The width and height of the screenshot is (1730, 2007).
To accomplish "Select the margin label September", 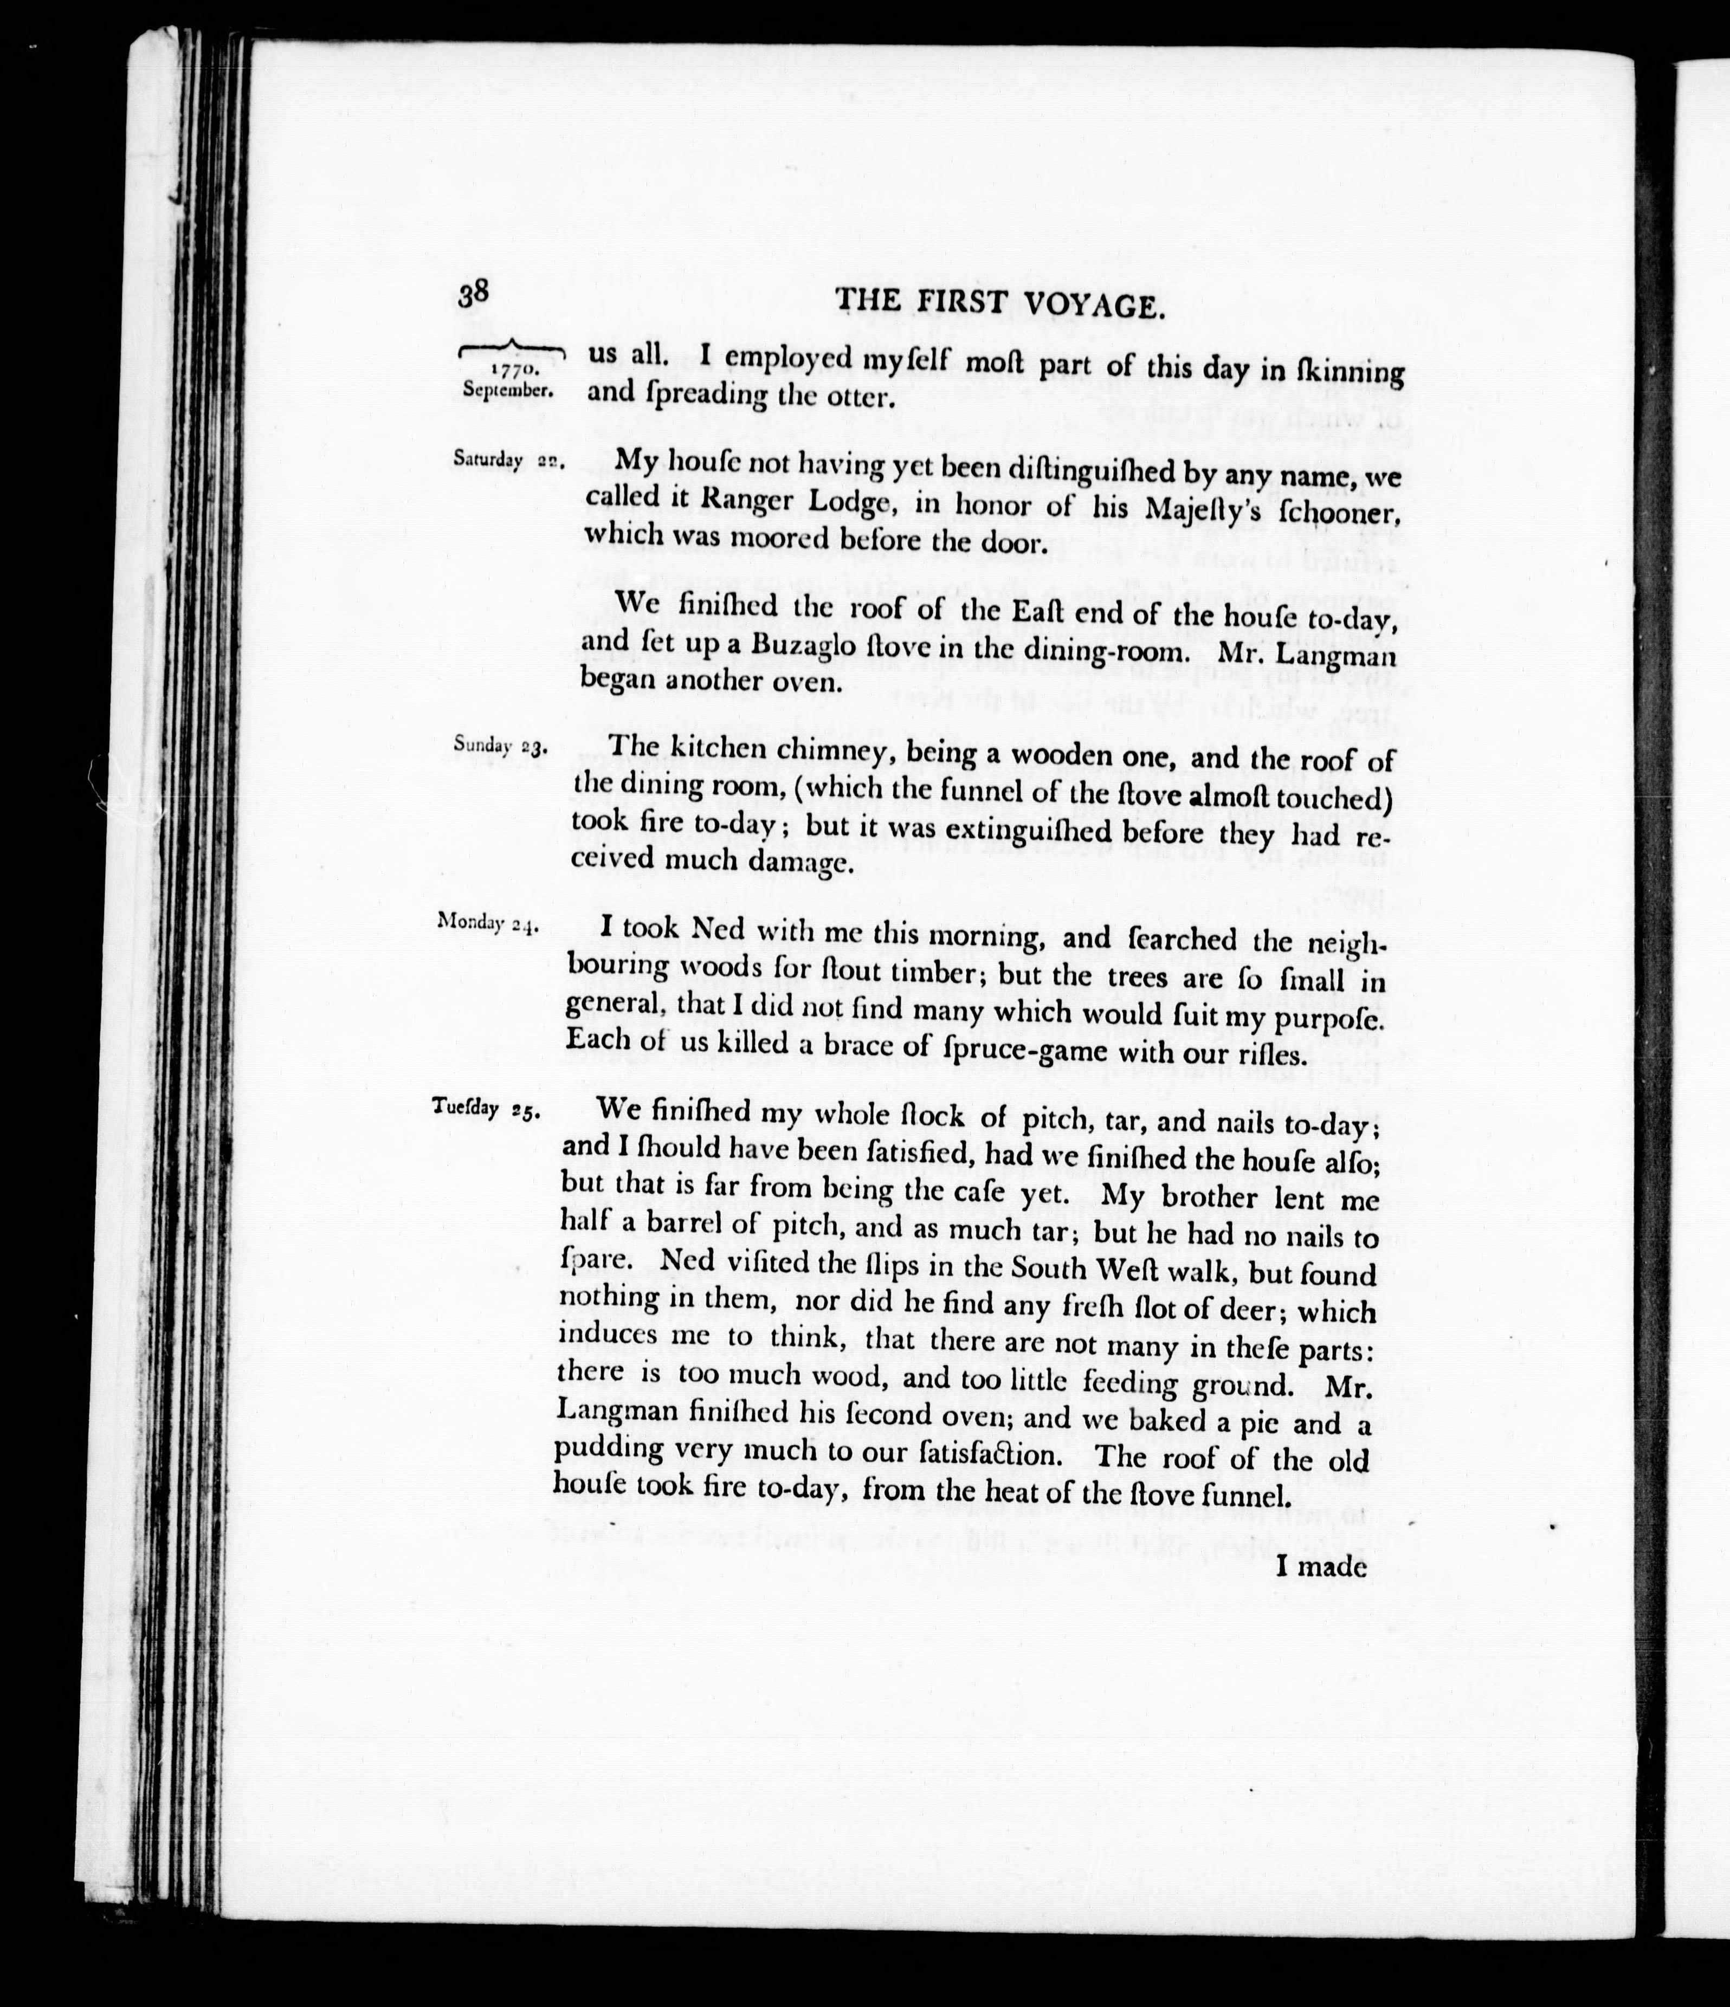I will tap(508, 390).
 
